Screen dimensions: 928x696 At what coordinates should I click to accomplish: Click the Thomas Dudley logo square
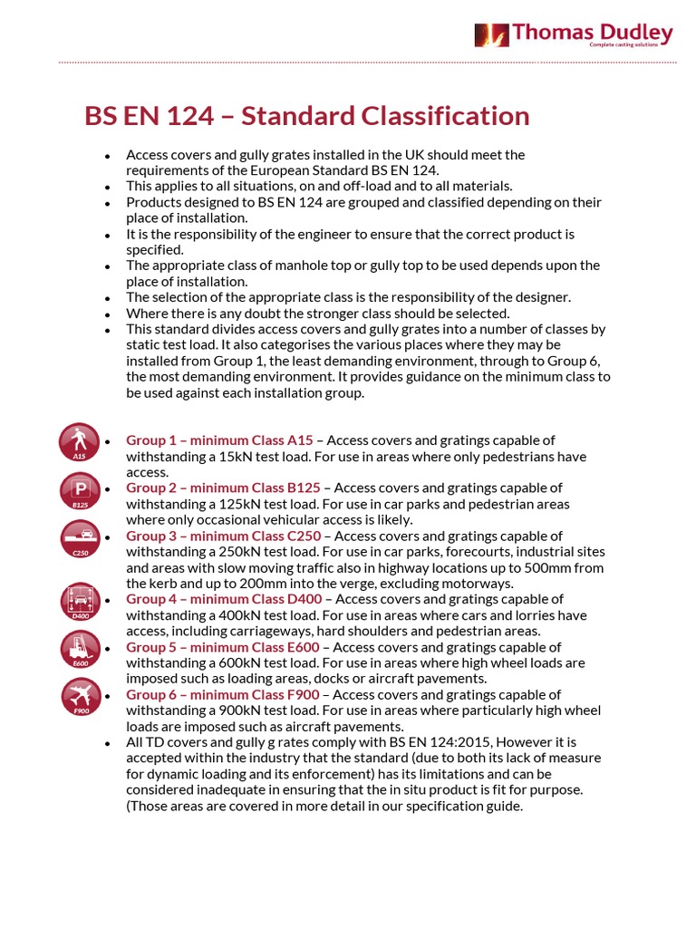491,35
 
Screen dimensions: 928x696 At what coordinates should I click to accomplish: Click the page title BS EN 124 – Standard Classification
306,116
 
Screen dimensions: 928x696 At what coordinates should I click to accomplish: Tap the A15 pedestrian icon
80,441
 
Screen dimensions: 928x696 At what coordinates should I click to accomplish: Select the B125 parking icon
80,490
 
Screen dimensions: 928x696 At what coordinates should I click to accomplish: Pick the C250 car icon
80,537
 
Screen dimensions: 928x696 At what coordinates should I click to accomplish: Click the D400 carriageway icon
80,602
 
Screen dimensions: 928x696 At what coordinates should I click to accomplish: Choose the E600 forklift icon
80,649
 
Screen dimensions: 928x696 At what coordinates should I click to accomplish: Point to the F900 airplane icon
80,696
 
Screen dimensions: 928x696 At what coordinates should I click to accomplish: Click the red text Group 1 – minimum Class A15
219,440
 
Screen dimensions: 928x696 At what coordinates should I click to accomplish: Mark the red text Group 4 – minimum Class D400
224,599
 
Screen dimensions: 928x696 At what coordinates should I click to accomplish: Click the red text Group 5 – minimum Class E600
223,647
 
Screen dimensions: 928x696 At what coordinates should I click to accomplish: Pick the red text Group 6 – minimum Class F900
223,695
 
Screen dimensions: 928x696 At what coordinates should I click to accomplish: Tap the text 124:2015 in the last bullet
482,742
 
